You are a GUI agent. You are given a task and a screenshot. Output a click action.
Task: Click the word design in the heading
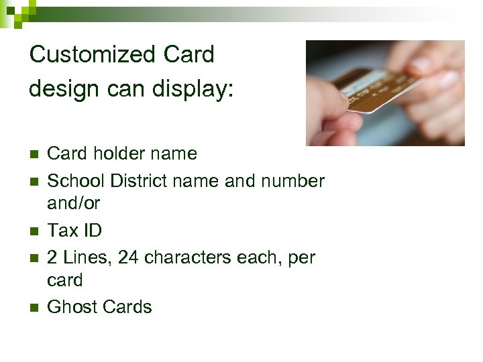pyautogui.click(x=60, y=88)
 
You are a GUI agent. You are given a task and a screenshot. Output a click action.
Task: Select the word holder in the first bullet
pyautogui.click(x=115, y=154)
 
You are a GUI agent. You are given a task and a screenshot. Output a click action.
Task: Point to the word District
pyautogui.click(x=138, y=181)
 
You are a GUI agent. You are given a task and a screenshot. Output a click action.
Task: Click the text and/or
pyautogui.click(x=74, y=202)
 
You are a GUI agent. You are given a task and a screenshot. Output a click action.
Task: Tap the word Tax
pyautogui.click(x=64, y=231)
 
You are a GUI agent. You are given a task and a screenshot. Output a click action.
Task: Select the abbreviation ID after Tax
pyautogui.click(x=93, y=231)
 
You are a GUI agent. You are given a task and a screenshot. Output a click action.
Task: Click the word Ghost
pyautogui.click(x=71, y=307)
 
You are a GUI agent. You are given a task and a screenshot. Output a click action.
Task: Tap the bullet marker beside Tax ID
pyautogui.click(x=34, y=231)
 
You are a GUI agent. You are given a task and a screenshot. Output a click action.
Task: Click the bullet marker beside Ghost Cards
pyautogui.click(x=34, y=308)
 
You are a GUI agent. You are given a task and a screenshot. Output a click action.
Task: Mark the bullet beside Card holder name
pyautogui.click(x=34, y=154)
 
